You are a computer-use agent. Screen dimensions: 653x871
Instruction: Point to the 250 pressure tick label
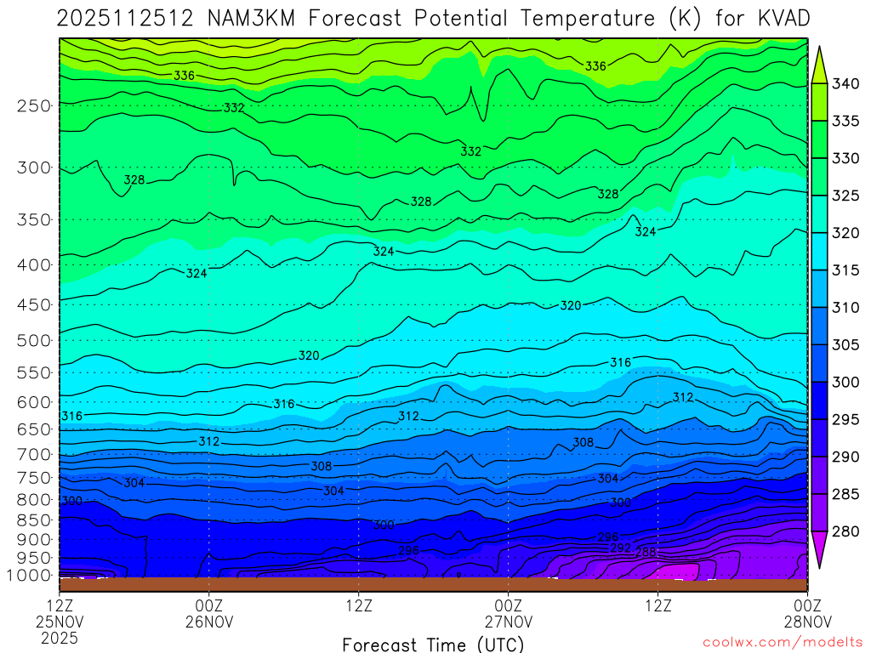coord(33,106)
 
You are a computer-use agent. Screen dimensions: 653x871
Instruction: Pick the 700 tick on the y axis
coord(33,454)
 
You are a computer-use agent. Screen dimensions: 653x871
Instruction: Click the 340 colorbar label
coord(846,83)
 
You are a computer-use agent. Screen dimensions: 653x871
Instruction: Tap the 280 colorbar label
coord(846,532)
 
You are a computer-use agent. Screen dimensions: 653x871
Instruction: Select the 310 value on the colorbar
coord(846,308)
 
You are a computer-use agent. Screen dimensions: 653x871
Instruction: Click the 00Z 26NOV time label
coord(209,614)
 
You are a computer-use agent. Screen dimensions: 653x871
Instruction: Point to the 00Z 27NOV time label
coord(508,614)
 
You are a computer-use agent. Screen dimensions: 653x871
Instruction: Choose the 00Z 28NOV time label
coord(806,614)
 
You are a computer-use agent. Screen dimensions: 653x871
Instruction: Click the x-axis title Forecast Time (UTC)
coord(433,644)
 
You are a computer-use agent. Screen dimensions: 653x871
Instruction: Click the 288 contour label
coord(646,551)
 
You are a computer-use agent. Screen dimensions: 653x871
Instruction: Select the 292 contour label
coord(620,548)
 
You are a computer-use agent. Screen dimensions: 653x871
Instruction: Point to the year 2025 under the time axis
coord(60,637)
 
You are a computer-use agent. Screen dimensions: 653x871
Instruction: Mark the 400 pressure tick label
coord(33,264)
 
